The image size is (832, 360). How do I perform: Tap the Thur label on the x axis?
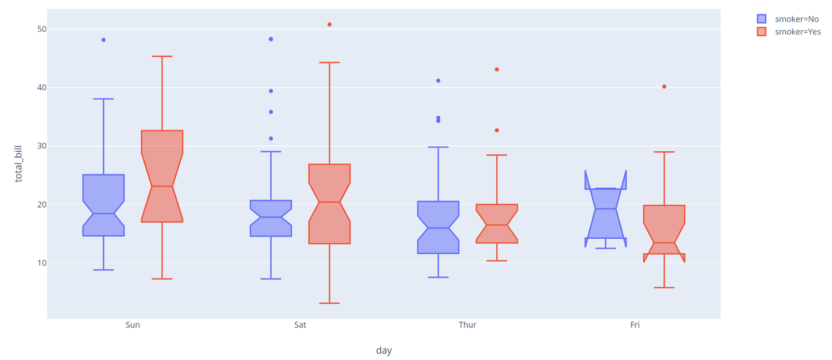point(467,325)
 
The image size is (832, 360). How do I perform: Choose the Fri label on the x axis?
point(635,325)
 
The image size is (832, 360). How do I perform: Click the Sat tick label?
point(300,325)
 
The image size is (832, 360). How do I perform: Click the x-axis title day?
point(384,350)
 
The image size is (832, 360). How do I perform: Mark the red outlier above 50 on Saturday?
point(329,24)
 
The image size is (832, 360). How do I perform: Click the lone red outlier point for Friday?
point(664,87)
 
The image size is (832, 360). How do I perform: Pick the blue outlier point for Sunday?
point(103,40)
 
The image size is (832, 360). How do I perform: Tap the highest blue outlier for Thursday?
point(438,80)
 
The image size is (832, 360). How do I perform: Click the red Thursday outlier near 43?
point(496,69)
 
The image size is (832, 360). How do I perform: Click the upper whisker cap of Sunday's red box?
point(162,57)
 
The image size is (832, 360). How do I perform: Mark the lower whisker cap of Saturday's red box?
point(329,303)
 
